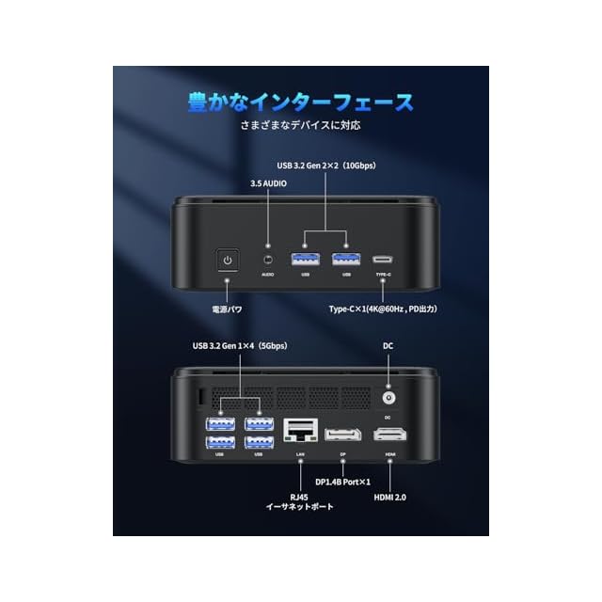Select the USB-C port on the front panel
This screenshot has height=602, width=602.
(x=383, y=259)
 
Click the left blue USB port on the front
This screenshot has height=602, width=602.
(x=306, y=258)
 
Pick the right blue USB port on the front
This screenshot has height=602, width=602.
(x=345, y=258)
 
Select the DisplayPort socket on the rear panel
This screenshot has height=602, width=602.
(x=342, y=435)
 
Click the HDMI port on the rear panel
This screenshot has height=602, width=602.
(x=389, y=435)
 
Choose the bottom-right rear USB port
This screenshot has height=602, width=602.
(x=259, y=441)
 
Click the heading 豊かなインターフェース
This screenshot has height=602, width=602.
(x=300, y=102)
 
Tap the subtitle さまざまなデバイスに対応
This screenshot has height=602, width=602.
(x=301, y=124)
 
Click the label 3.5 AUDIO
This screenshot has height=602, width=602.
(x=268, y=183)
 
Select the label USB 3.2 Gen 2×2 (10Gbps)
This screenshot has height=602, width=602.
(x=325, y=166)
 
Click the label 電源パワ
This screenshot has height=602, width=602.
(x=227, y=309)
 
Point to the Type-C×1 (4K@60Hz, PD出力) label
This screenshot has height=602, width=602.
(x=383, y=309)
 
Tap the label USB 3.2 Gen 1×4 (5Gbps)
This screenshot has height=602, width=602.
(x=239, y=346)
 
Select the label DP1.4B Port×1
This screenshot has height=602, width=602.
(x=342, y=482)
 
